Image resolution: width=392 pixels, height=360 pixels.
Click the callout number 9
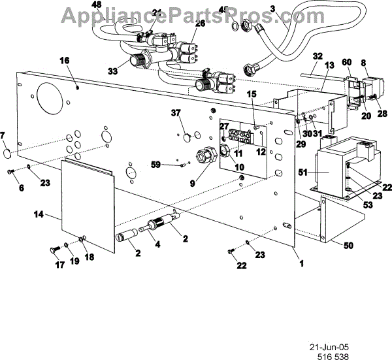(x=192, y=184)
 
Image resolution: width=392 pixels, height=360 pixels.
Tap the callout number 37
(x=175, y=112)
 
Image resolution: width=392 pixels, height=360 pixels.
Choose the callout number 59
(x=155, y=163)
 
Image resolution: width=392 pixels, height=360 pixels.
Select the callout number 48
(x=97, y=5)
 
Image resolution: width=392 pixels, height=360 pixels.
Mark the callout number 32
(x=318, y=56)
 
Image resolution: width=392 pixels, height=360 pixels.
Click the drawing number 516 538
(x=333, y=348)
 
